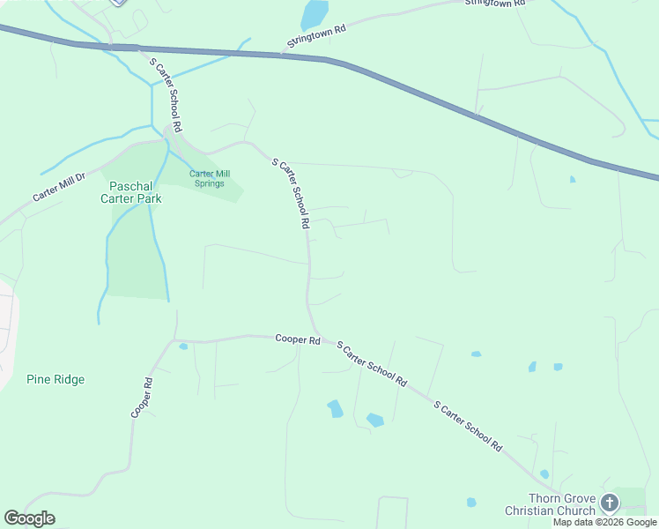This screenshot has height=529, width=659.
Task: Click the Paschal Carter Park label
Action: [135, 192]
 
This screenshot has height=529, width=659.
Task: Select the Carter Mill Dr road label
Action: [59, 186]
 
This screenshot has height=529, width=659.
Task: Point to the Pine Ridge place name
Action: [56, 379]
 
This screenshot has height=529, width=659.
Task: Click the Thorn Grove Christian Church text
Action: [551, 504]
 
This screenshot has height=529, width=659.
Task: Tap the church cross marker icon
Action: [610, 503]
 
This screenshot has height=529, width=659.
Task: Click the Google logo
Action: [29, 518]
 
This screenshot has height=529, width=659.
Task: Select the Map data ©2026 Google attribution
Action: [605, 522]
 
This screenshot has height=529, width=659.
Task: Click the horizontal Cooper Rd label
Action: [296, 339]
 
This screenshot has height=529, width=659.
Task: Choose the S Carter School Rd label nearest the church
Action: [468, 427]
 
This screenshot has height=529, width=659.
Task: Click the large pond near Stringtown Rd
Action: [314, 15]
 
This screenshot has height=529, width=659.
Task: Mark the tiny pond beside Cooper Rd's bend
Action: [183, 346]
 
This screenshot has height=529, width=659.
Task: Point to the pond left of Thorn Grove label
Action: [471, 503]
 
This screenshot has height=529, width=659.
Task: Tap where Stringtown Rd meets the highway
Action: [282, 55]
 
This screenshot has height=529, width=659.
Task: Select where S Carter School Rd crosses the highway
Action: [141, 48]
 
